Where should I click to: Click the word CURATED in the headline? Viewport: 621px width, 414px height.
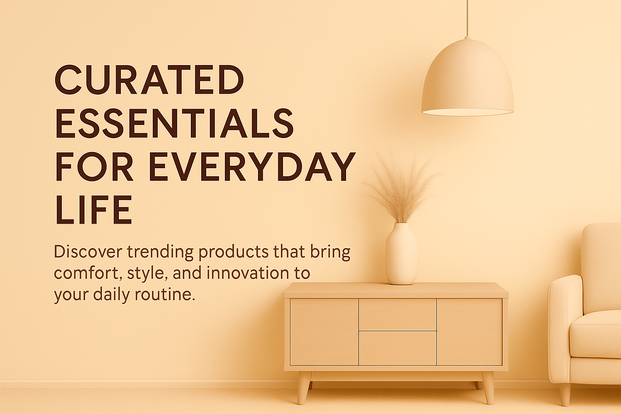pyautogui.click(x=149, y=80)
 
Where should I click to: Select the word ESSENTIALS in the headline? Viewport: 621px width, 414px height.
pyautogui.click(x=175, y=123)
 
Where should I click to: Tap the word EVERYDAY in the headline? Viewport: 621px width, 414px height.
pyautogui.click(x=252, y=167)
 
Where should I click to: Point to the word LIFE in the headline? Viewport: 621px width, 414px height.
pyautogui.click(x=94, y=209)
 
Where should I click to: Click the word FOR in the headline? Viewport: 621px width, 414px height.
pyautogui.click(x=94, y=167)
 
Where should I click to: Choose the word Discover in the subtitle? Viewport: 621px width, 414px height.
pyautogui.click(x=88, y=252)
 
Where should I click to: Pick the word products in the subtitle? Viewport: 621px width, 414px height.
pyautogui.click(x=233, y=252)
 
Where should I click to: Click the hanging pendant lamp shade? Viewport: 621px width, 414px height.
pyautogui.click(x=467, y=78)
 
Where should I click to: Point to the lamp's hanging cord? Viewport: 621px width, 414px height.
pyautogui.click(x=468, y=18)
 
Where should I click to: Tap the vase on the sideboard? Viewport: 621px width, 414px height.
pyautogui.click(x=401, y=254)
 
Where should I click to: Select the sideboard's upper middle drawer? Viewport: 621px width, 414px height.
pyautogui.click(x=397, y=315)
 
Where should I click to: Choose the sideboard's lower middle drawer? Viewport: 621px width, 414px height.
pyautogui.click(x=397, y=348)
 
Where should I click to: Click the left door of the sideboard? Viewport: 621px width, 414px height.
pyautogui.click(x=324, y=332)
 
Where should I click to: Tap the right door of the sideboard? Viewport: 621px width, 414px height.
pyautogui.click(x=470, y=332)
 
